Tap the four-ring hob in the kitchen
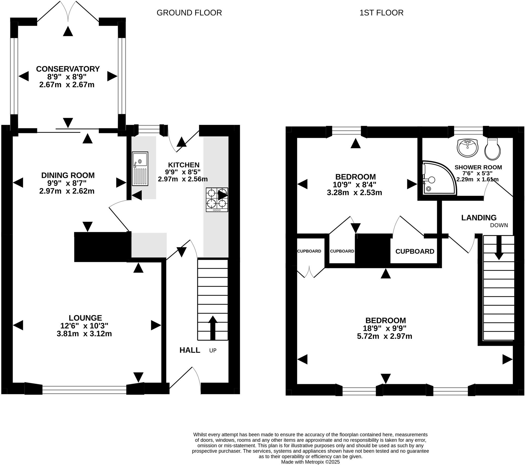click(x=217, y=200)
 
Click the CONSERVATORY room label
click(x=68, y=69)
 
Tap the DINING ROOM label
click(x=68, y=175)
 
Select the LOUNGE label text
click(x=85, y=318)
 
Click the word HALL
click(x=190, y=350)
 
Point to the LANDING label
click(x=479, y=218)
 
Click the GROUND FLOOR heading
click(x=189, y=13)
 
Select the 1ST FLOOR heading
click(x=381, y=13)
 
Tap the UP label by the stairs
click(x=213, y=351)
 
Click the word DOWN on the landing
click(x=499, y=225)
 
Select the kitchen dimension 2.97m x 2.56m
click(x=183, y=179)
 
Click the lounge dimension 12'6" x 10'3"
click(x=84, y=326)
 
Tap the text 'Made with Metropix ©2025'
click(x=310, y=462)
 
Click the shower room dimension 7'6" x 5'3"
click(x=477, y=174)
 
